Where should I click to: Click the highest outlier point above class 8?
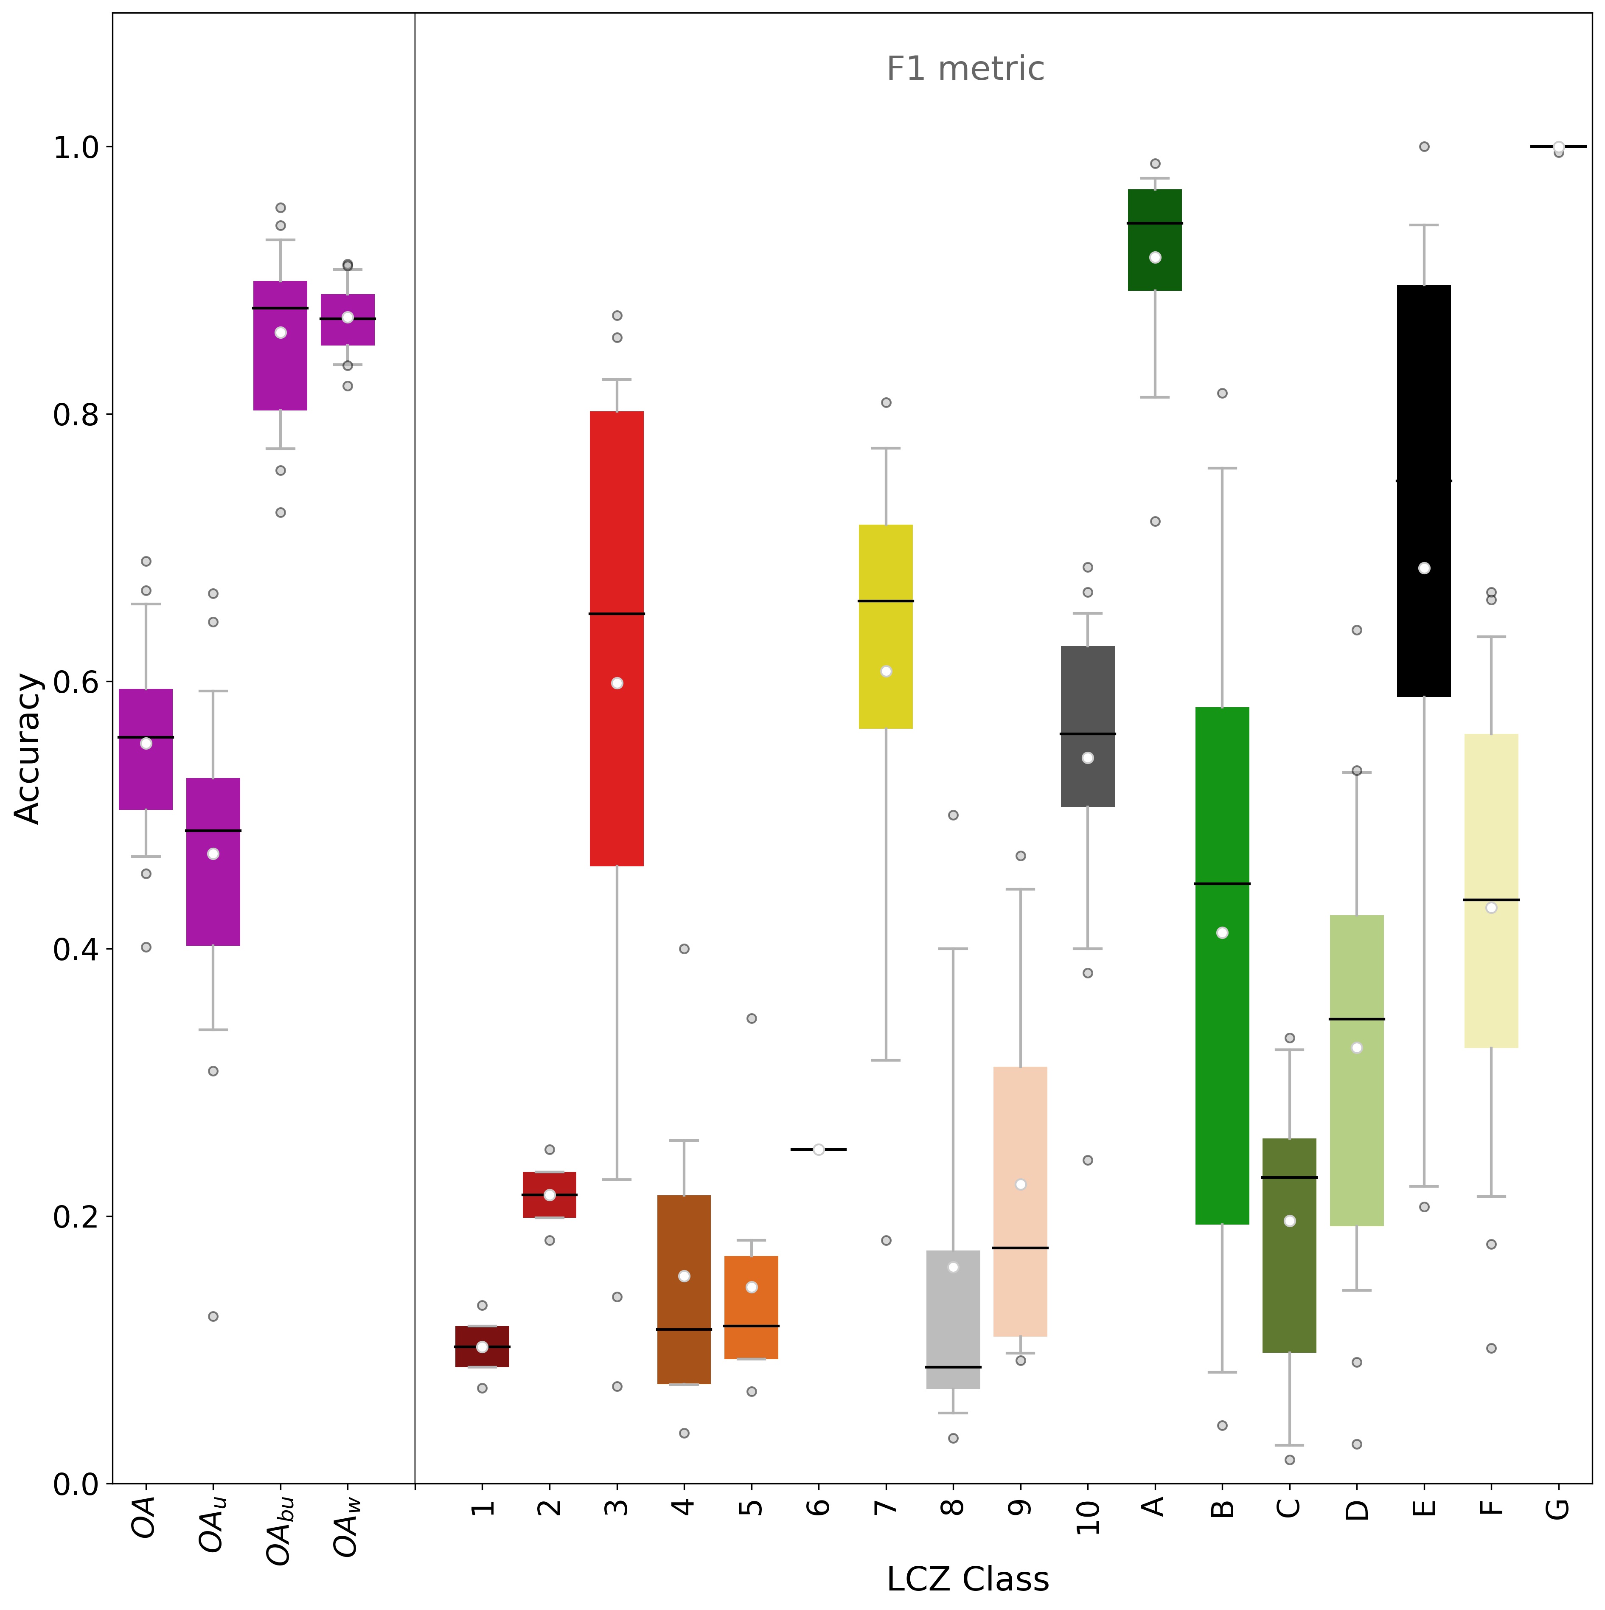(x=953, y=815)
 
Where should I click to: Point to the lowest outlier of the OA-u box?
(x=213, y=1317)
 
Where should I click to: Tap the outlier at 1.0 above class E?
(x=1424, y=147)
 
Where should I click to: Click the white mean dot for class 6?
(x=818, y=1149)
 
